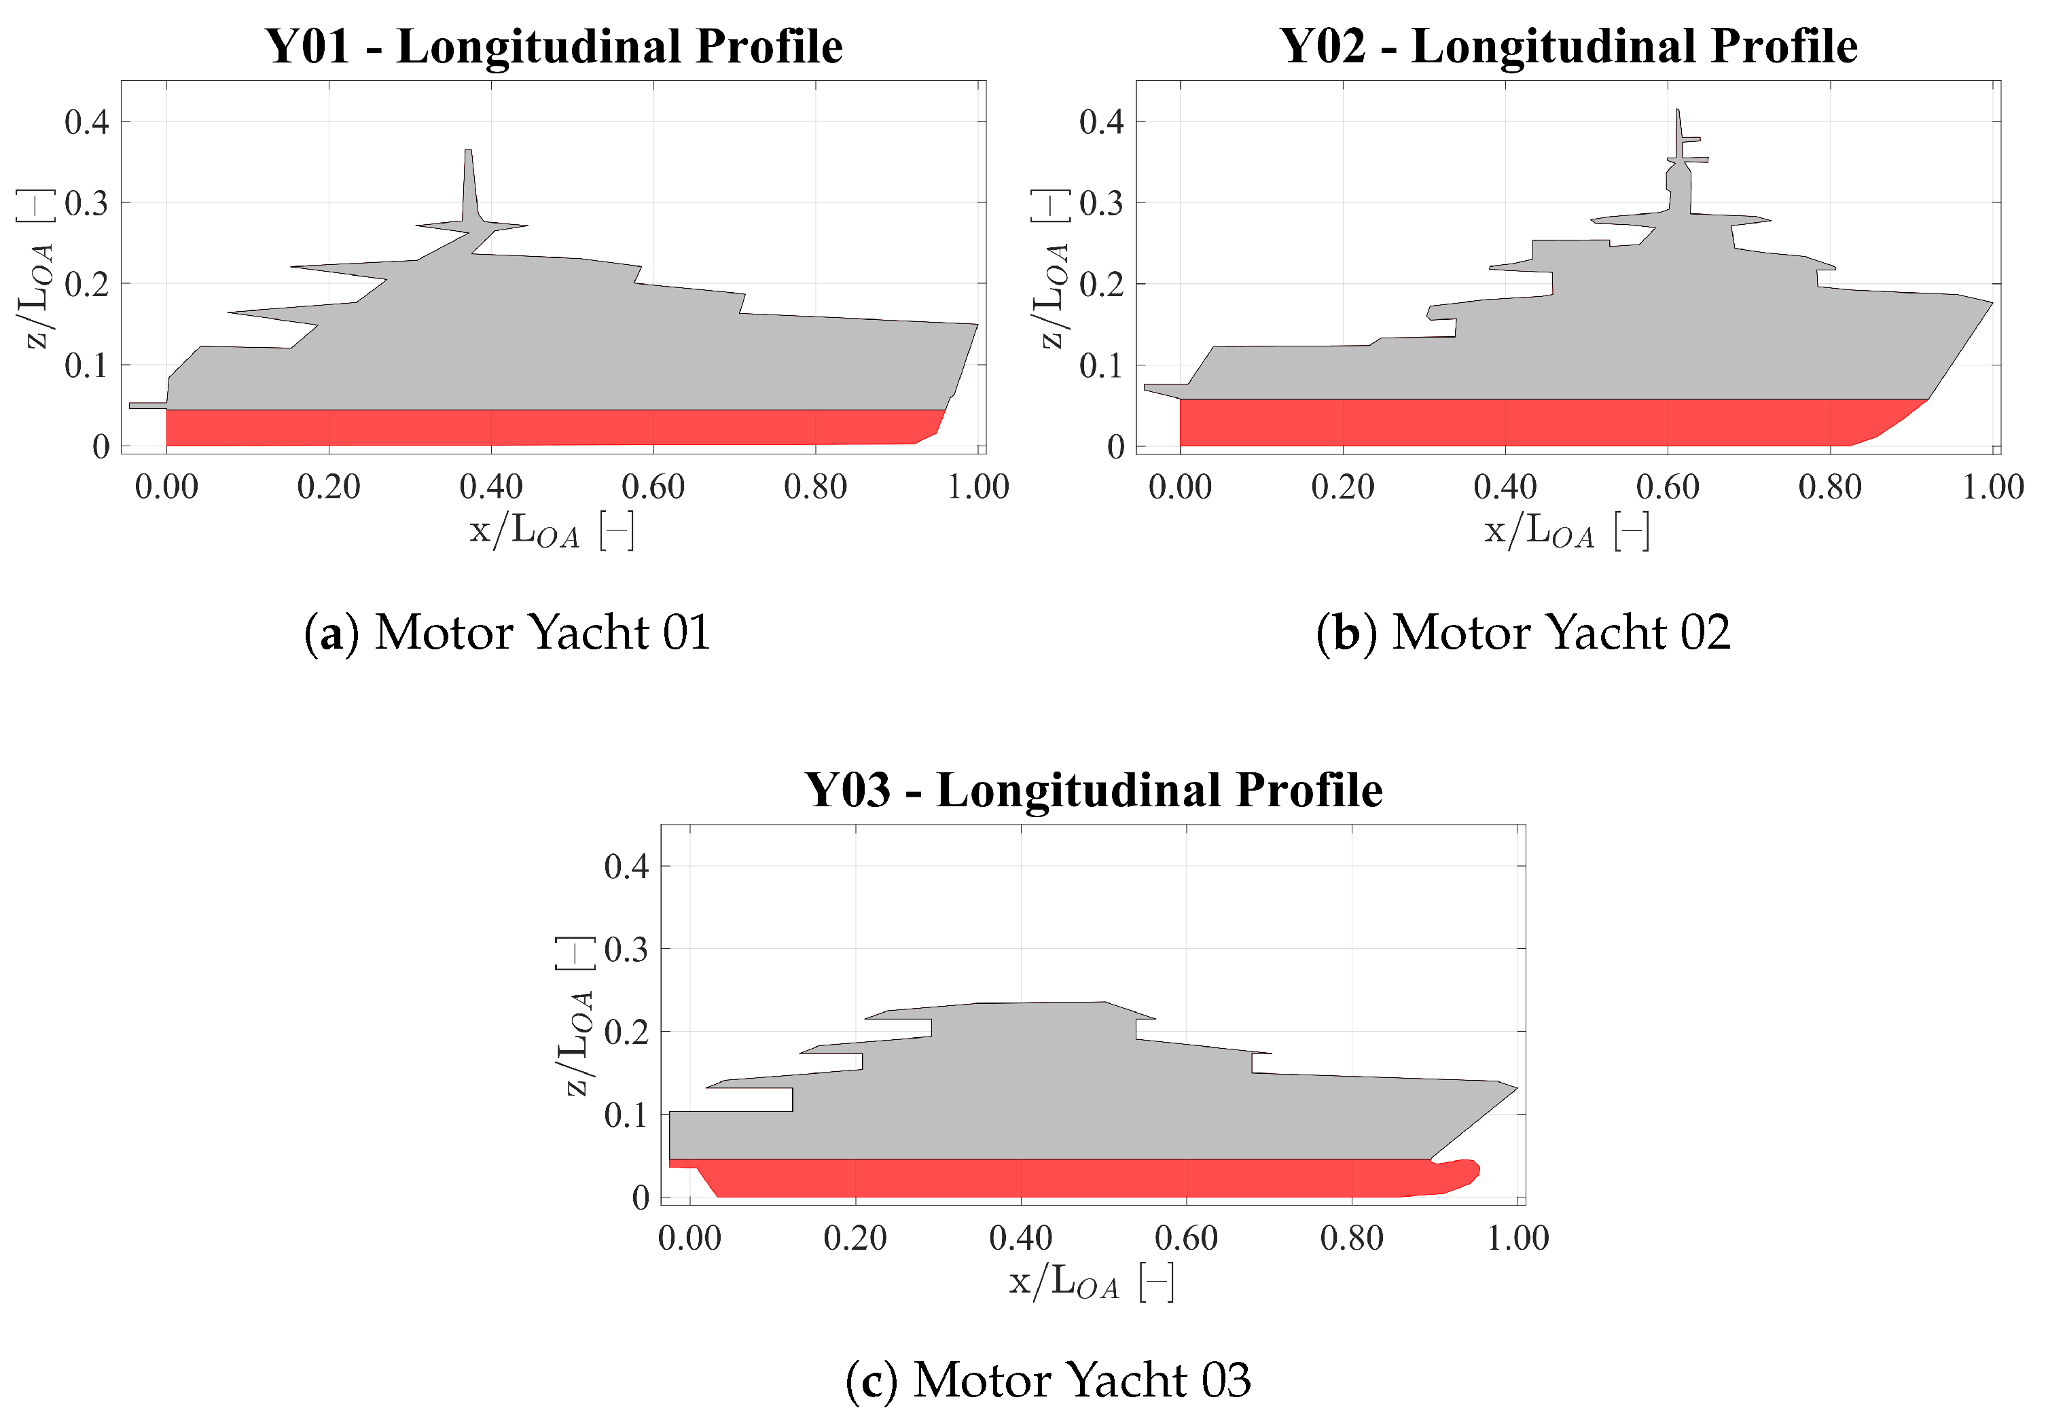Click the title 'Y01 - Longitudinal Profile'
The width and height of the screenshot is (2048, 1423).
point(553,46)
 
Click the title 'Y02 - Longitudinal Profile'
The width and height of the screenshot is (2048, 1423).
point(1568,46)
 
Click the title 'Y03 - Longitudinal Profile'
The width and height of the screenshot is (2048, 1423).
point(1092,790)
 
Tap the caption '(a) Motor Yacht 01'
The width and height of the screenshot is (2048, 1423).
point(507,632)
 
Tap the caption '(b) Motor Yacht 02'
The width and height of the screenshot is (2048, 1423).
point(1522,632)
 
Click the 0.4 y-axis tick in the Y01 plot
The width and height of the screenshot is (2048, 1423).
point(86,122)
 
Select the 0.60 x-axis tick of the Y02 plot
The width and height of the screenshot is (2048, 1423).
point(1666,487)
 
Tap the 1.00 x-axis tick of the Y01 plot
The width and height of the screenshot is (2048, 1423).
point(977,487)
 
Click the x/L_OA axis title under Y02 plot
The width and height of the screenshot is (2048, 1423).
point(1565,530)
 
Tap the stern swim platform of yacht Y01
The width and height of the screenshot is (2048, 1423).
point(147,406)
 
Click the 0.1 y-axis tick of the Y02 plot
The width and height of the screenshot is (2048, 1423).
point(1101,365)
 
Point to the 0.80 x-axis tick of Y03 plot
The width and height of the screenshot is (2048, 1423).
point(1351,1238)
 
